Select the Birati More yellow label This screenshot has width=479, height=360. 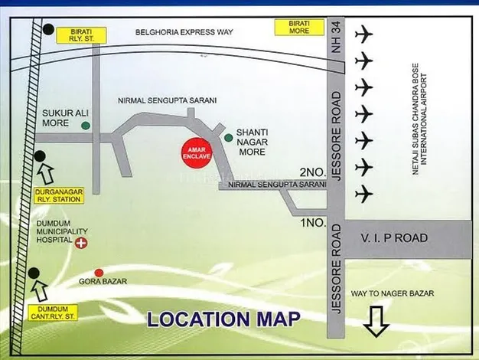[293, 28]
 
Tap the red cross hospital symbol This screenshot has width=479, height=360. [80, 241]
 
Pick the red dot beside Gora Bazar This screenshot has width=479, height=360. [98, 273]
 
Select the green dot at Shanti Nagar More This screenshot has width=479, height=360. [228, 138]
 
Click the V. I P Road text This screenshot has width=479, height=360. [395, 238]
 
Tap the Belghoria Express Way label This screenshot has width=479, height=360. [183, 32]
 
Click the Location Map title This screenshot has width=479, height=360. [223, 319]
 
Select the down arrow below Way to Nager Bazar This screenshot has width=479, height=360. [376, 321]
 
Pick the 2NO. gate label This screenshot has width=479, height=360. [314, 172]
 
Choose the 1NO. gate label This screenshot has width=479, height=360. [314, 222]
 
